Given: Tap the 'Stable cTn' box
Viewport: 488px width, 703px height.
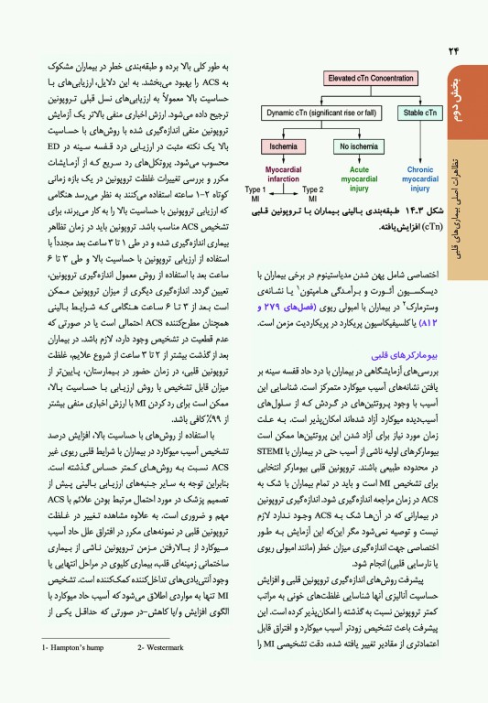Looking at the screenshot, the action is coord(419,114).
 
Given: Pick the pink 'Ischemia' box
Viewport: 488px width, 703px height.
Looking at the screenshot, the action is coord(287,145).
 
